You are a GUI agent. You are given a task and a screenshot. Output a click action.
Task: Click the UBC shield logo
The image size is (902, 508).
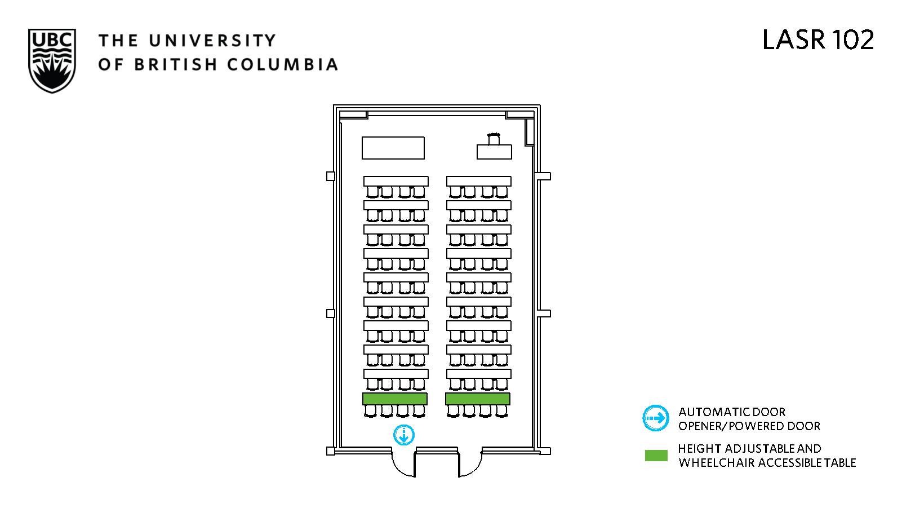click(52, 61)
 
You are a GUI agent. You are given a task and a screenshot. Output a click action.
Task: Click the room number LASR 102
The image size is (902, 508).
click(818, 40)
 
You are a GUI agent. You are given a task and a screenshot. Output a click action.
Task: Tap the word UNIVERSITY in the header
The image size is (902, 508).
click(212, 41)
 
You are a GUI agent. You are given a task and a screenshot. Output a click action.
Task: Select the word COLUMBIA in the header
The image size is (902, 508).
click(282, 64)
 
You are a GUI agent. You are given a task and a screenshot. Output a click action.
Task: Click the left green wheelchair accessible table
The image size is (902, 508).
click(394, 399)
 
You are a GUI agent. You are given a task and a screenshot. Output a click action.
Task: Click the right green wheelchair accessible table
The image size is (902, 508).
click(478, 399)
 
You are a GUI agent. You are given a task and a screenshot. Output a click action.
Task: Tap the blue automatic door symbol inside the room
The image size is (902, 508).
click(403, 435)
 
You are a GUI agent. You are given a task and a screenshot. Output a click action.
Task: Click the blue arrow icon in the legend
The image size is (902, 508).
click(656, 418)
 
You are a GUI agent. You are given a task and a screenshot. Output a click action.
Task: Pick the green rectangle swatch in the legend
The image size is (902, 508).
click(656, 455)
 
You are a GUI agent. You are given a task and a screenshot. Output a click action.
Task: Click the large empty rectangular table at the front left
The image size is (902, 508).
click(393, 148)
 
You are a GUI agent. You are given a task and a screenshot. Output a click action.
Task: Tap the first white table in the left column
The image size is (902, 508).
click(396, 181)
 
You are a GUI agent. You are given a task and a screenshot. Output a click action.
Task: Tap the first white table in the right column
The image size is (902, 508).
click(479, 181)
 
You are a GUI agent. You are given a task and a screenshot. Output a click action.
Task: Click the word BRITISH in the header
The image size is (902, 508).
click(176, 64)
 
